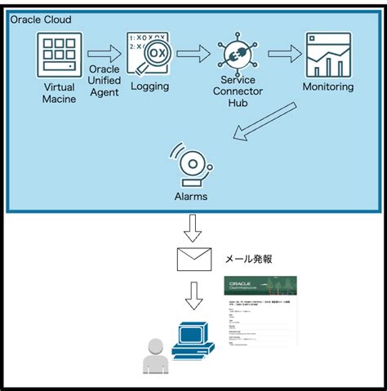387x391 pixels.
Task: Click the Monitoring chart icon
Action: [327, 55]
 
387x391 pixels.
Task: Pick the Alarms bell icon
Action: [189, 164]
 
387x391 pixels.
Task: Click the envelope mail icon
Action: [194, 259]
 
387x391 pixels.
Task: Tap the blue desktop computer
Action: [193, 341]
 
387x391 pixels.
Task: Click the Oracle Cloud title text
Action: [40, 19]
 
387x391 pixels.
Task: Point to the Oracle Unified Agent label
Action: [104, 81]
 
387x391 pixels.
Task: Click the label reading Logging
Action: [150, 87]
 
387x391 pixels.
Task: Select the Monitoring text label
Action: [327, 87]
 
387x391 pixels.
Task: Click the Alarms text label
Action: [189, 196]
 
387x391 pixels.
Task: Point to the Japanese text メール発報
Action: [249, 259]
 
